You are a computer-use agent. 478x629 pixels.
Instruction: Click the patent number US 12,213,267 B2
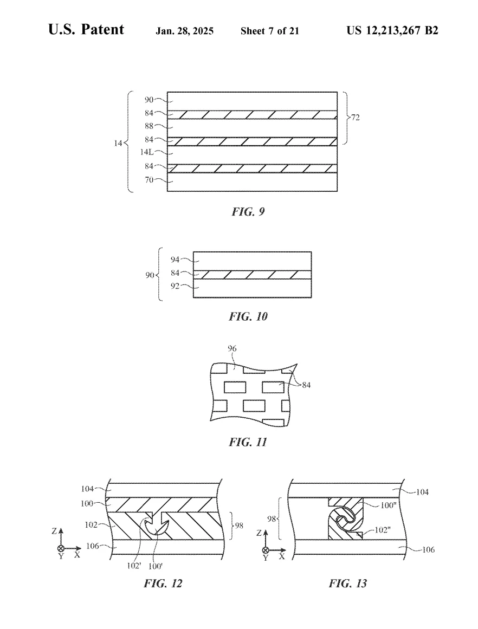392,30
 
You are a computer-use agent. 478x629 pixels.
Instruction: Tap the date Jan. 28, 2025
185,31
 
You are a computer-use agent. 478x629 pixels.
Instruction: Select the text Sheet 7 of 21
270,31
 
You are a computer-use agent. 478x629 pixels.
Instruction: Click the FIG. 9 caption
248,211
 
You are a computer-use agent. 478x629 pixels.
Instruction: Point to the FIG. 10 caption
248,316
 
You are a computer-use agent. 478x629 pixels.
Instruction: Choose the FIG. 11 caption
248,442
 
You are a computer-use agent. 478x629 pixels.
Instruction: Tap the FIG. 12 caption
163,583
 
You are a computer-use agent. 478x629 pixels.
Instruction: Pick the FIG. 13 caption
347,583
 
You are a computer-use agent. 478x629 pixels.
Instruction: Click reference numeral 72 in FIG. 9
355,118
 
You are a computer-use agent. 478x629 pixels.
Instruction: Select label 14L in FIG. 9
147,152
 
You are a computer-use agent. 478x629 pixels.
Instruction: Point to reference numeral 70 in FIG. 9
149,180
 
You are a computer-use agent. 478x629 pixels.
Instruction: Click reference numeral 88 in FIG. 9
149,126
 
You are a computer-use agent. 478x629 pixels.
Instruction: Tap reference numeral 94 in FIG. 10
175,260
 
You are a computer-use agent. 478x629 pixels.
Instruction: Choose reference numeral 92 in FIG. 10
175,287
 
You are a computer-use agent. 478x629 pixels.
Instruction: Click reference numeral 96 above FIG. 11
232,348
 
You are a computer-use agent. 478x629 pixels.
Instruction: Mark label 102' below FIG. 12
134,566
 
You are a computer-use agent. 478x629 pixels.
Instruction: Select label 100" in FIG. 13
388,505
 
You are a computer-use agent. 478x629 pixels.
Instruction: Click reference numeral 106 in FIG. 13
428,549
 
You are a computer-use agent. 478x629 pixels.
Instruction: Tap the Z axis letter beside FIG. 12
55,531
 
